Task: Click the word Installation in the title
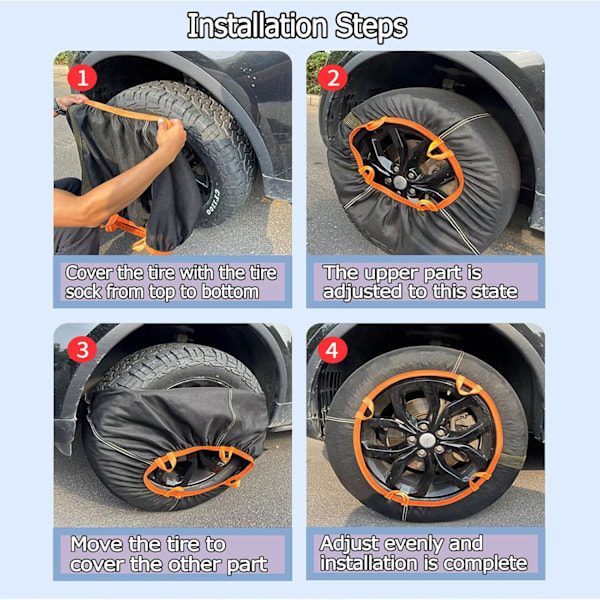[x=257, y=26]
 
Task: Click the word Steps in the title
[x=371, y=27]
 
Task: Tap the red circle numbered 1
[x=82, y=78]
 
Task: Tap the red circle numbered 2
[x=333, y=78]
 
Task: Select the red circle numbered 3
[x=82, y=350]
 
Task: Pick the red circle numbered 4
[x=333, y=350]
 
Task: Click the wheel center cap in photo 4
[x=426, y=440]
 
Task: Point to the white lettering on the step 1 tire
[x=212, y=202]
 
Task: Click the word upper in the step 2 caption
[x=391, y=274]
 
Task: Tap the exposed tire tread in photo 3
[x=180, y=365]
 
